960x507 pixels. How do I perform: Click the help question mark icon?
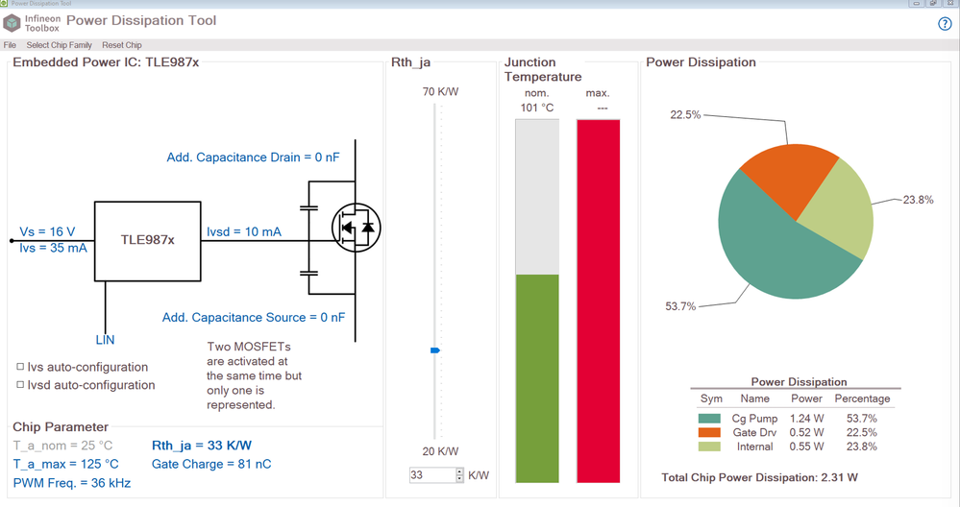pyautogui.click(x=945, y=24)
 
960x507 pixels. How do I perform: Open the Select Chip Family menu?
pyautogui.click(x=59, y=45)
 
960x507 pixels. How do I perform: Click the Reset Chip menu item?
pyautogui.click(x=122, y=45)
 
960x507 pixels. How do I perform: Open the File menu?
pyautogui.click(x=10, y=45)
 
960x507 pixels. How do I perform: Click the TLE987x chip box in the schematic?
pyautogui.click(x=147, y=241)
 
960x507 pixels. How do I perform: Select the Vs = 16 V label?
pyautogui.click(x=47, y=232)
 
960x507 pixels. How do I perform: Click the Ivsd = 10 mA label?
pyautogui.click(x=244, y=232)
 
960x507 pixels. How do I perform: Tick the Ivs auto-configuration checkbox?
pyautogui.click(x=20, y=367)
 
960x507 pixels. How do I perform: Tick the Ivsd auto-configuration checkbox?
pyautogui.click(x=20, y=385)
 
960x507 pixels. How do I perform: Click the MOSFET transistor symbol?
pyautogui.click(x=356, y=228)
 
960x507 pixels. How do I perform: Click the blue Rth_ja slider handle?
pyautogui.click(x=435, y=350)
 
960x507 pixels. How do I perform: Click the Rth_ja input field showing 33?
pyautogui.click(x=431, y=475)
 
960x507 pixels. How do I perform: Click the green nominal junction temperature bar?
pyautogui.click(x=537, y=378)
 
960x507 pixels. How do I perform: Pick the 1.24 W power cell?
pyautogui.click(x=806, y=418)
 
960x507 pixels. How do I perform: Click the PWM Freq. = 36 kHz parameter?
pyautogui.click(x=71, y=483)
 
